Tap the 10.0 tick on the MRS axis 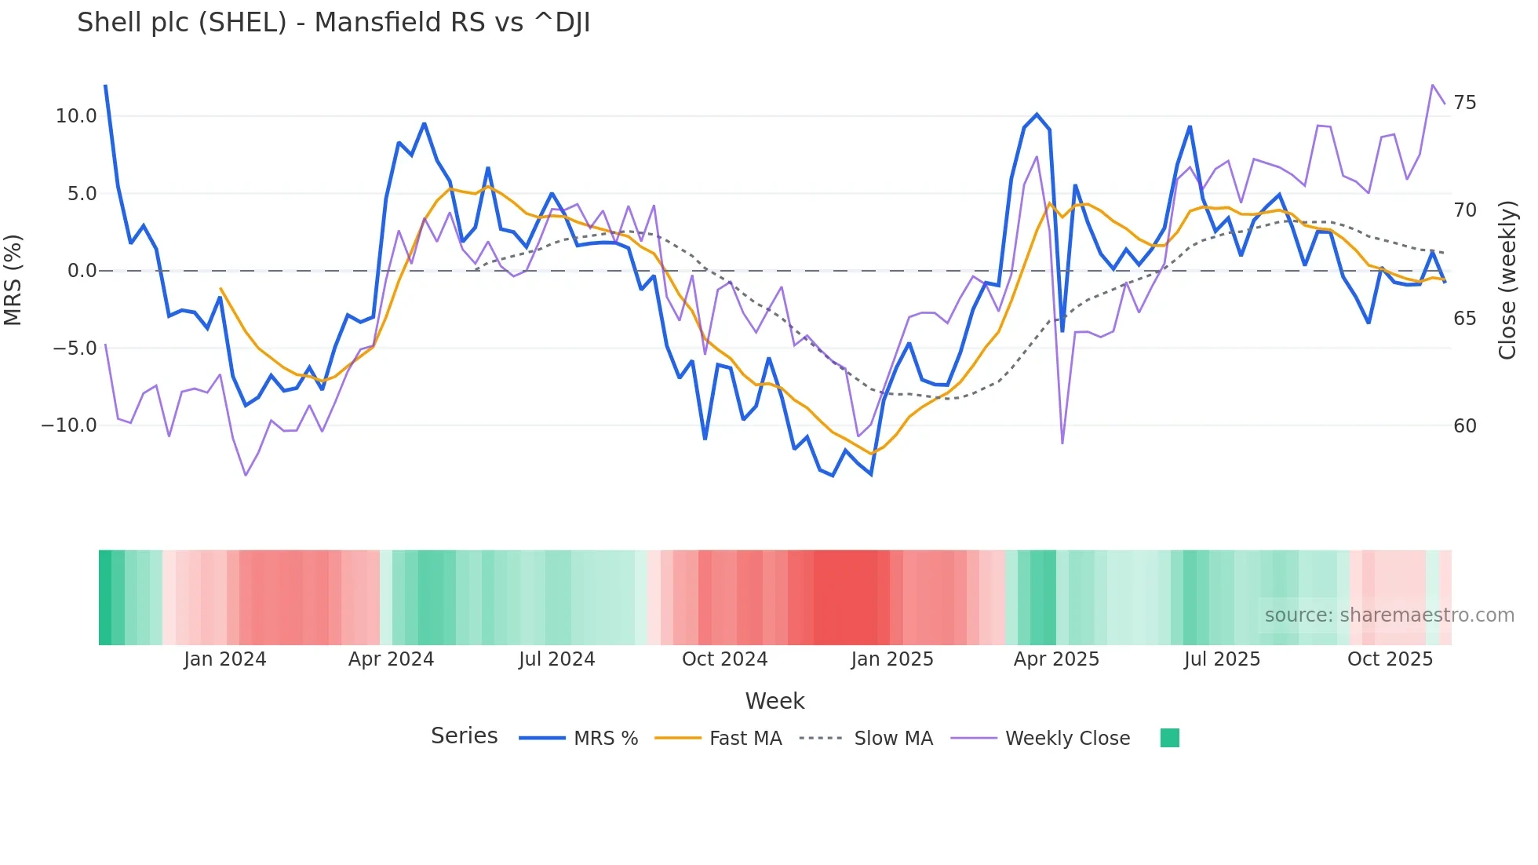pyautogui.click(x=75, y=116)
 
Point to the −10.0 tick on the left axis pyautogui.click(x=69, y=425)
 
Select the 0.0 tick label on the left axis pyautogui.click(x=82, y=271)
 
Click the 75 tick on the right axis pyautogui.click(x=1464, y=103)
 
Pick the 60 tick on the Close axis pyautogui.click(x=1464, y=426)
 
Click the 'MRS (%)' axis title pyautogui.click(x=13, y=279)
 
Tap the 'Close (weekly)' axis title pyautogui.click(x=1507, y=279)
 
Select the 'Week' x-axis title pyautogui.click(x=774, y=701)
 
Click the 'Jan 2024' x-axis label pyautogui.click(x=224, y=659)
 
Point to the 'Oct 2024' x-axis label pyautogui.click(x=724, y=659)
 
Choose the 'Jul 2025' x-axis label pyautogui.click(x=1222, y=659)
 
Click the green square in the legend pyautogui.click(x=1169, y=738)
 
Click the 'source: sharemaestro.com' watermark pyautogui.click(x=1389, y=615)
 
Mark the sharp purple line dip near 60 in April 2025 pyautogui.click(x=1062, y=443)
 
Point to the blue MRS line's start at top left pyautogui.click(x=105, y=86)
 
